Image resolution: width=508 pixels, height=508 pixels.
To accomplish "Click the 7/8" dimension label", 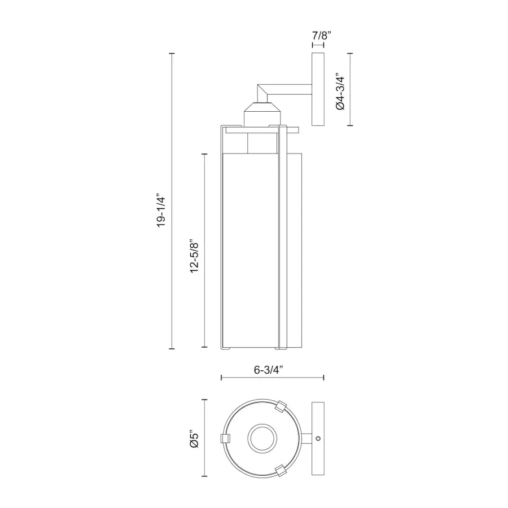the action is click(322, 36).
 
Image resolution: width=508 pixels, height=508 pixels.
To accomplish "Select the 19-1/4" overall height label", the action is click(161, 211).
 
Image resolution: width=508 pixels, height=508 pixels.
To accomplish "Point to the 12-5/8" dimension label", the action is click(194, 256).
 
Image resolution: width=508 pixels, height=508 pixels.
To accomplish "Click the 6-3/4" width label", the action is click(269, 370).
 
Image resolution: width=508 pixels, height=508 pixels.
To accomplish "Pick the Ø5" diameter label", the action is click(194, 439).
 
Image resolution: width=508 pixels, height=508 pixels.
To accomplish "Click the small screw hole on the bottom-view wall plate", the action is click(318, 439).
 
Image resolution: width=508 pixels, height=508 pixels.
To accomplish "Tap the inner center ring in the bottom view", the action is click(262, 439).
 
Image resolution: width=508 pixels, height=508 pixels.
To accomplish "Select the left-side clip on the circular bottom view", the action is click(225, 439).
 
